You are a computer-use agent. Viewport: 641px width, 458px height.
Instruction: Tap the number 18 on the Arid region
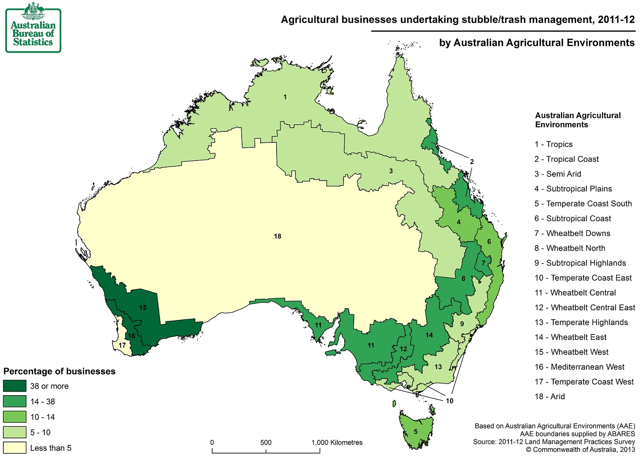click(x=277, y=236)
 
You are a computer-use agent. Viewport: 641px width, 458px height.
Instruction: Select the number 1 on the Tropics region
click(x=285, y=97)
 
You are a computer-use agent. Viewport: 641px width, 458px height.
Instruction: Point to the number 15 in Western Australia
click(x=142, y=307)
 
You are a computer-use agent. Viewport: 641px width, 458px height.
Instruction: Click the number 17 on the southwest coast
click(x=122, y=345)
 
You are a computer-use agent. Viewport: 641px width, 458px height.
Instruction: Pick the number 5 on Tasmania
click(x=416, y=432)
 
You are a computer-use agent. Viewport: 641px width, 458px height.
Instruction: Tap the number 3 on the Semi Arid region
click(x=391, y=171)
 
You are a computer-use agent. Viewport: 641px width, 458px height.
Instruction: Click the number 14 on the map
click(x=429, y=335)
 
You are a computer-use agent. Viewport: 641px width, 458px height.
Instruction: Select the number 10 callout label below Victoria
click(x=449, y=401)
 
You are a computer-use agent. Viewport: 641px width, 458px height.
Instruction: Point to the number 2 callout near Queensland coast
click(x=472, y=162)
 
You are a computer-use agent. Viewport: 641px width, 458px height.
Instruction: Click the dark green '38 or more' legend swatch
click(x=15, y=386)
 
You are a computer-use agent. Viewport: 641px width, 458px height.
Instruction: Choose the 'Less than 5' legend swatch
click(x=15, y=448)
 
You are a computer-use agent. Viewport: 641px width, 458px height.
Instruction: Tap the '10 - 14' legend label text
click(x=42, y=417)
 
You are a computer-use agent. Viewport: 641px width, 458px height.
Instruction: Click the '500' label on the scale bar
click(x=266, y=442)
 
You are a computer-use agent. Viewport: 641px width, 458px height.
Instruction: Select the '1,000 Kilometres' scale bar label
click(x=337, y=442)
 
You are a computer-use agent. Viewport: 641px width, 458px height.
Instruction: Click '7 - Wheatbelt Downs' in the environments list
click(x=572, y=234)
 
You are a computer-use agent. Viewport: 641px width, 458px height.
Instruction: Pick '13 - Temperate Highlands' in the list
click(x=581, y=323)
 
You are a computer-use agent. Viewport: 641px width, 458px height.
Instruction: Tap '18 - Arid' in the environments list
click(x=549, y=396)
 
